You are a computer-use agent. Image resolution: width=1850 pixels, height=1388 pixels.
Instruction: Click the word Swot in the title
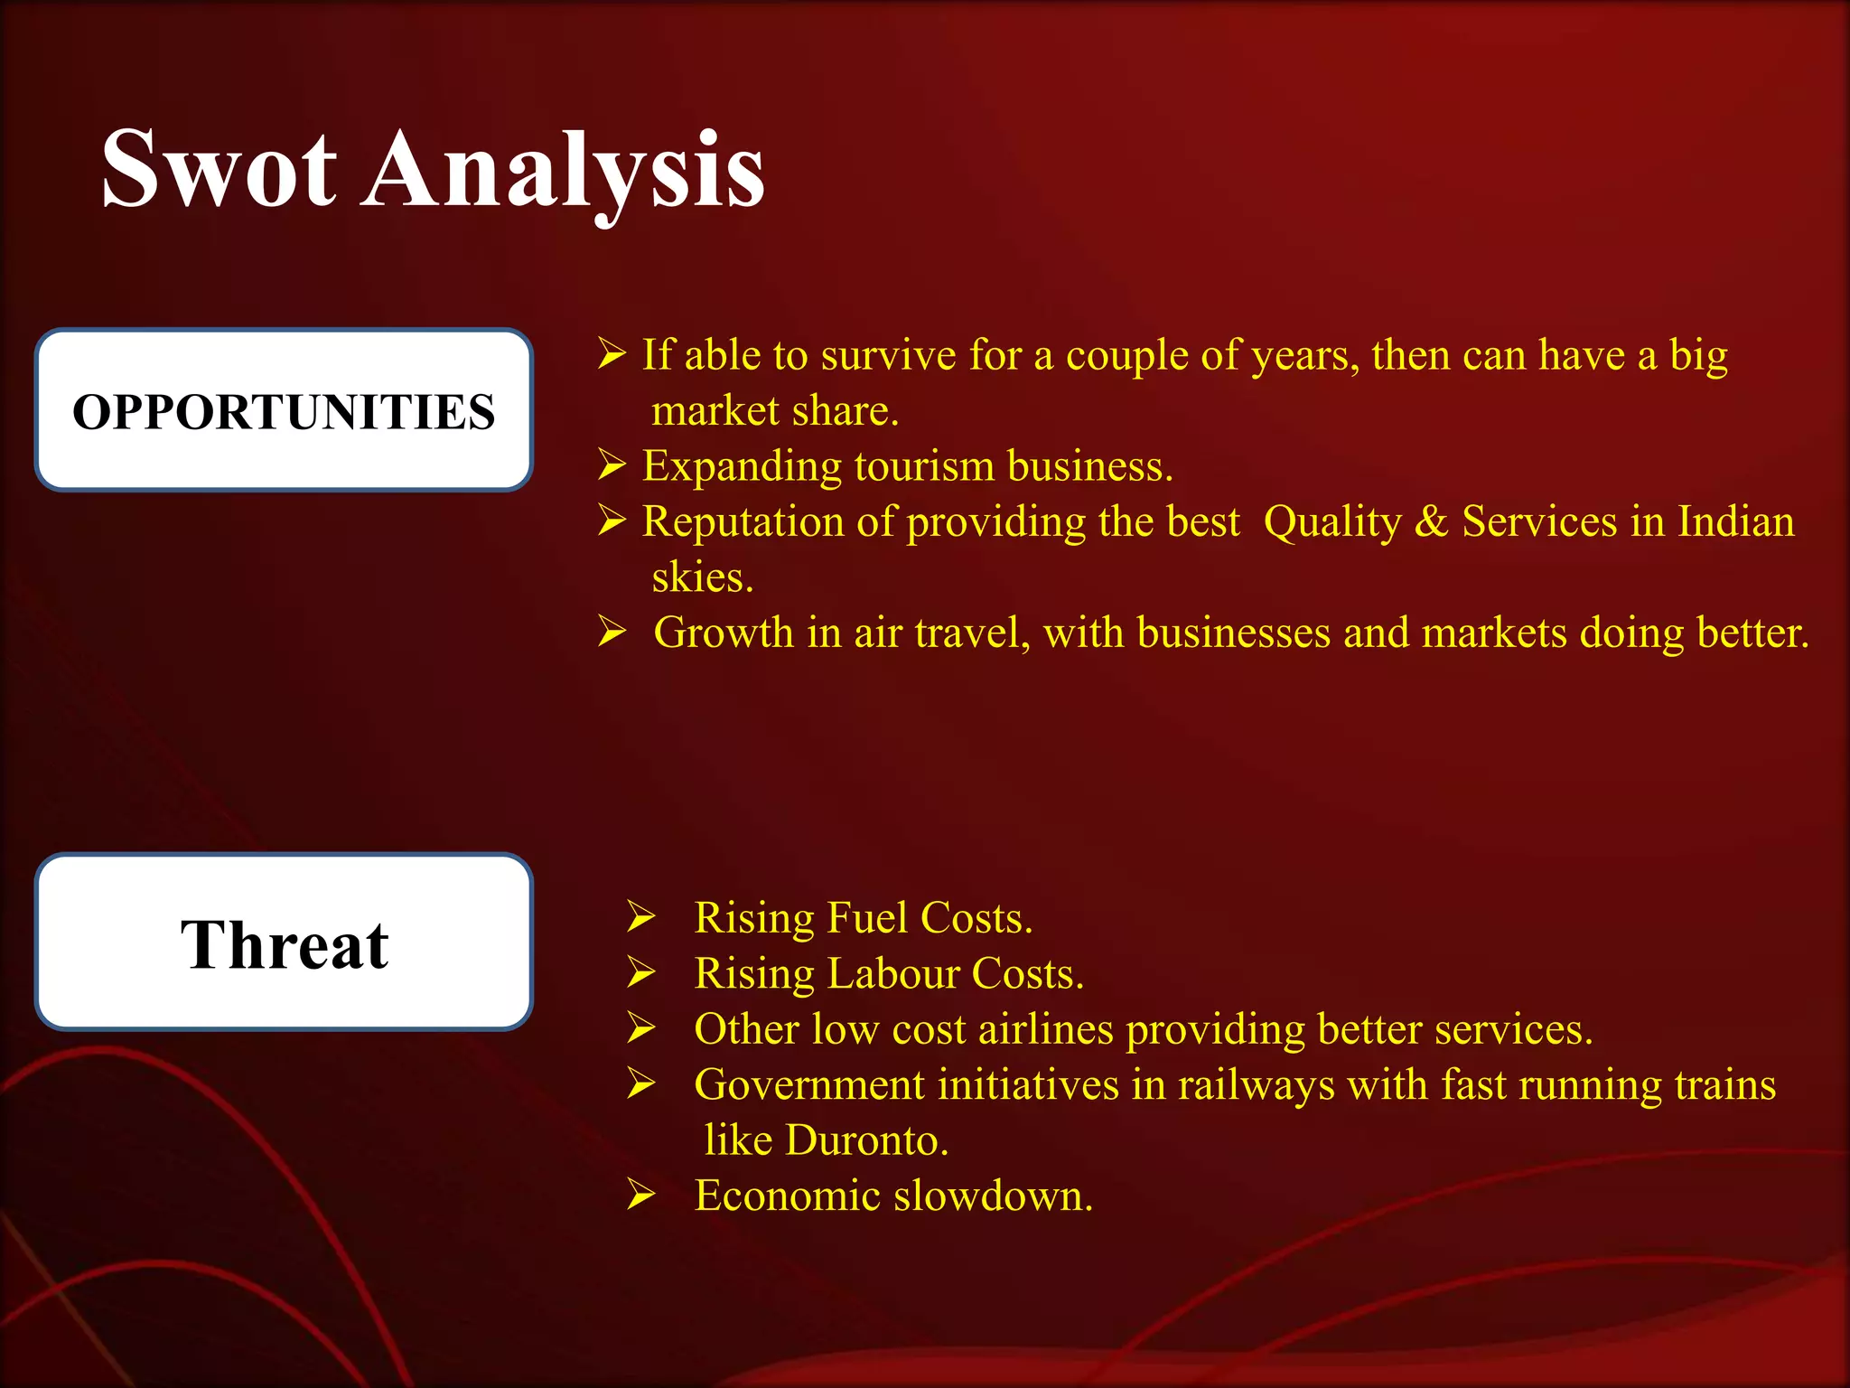click(x=220, y=170)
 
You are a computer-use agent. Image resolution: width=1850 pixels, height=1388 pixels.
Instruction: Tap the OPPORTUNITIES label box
click(x=284, y=411)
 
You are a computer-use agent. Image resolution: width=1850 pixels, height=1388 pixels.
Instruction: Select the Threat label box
click(x=284, y=943)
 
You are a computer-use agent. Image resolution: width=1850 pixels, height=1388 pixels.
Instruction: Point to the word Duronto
click(x=866, y=1140)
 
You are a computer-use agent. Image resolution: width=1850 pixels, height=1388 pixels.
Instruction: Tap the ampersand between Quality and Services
click(x=1431, y=522)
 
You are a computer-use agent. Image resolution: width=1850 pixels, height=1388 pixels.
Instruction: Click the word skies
click(x=702, y=578)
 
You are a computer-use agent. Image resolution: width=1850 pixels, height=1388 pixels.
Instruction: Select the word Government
click(x=809, y=1085)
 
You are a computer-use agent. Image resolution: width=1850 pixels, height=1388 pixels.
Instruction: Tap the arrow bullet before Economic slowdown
click(x=641, y=1196)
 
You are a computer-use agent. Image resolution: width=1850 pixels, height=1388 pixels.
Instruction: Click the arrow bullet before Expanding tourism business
click(x=612, y=465)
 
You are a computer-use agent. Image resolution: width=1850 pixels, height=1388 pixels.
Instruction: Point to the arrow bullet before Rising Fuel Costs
click(x=641, y=917)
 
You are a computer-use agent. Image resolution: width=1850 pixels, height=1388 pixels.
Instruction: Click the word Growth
click(x=723, y=633)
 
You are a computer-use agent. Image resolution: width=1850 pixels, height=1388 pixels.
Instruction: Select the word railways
click(x=1256, y=1085)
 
